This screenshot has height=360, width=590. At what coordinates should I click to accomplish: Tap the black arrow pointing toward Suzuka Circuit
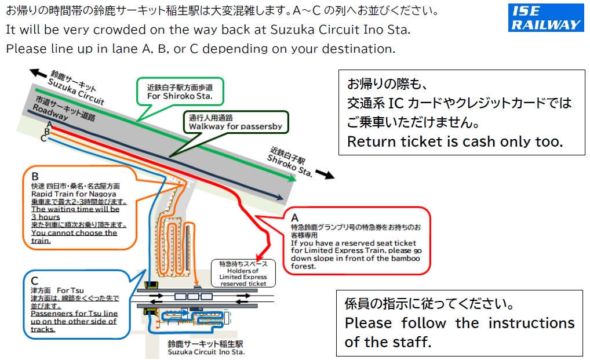point(39,73)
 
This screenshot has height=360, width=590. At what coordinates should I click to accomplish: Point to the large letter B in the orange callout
point(35,177)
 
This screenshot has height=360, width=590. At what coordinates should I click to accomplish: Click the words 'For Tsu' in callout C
point(70,290)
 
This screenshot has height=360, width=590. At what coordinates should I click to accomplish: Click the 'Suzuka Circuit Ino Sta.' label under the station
point(206,351)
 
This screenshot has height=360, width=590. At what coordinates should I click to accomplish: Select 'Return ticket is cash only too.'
point(454,141)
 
